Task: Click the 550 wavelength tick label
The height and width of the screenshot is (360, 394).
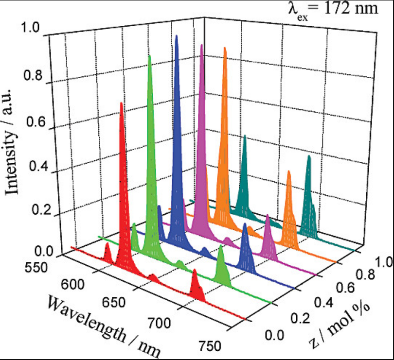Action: pos(37,267)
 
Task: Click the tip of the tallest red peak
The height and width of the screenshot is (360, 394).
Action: pos(120,103)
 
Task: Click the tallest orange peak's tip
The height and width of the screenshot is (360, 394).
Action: pos(225,48)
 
